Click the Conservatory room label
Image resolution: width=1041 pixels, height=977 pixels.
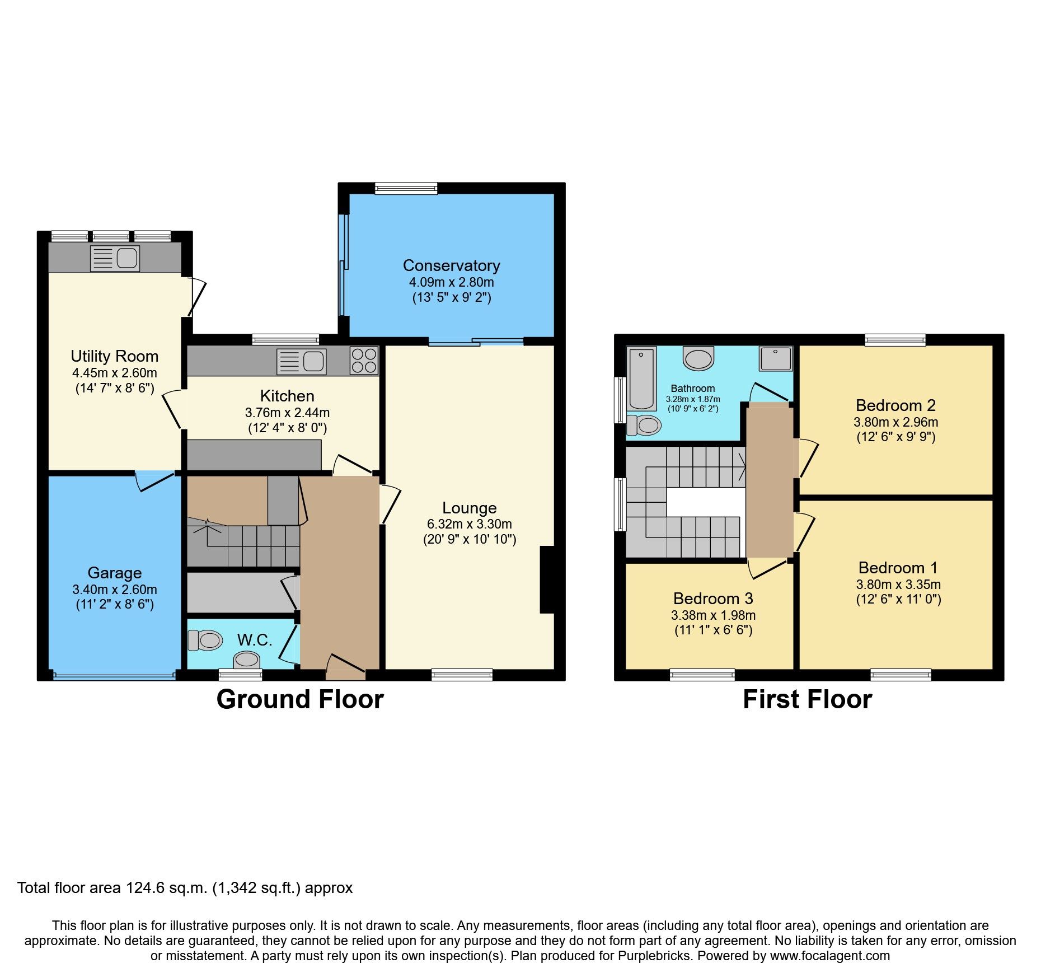click(451, 265)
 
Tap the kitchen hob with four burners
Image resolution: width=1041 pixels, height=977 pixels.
click(364, 360)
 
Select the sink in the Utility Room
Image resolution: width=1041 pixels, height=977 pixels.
click(115, 258)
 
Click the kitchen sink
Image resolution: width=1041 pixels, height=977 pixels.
click(302, 361)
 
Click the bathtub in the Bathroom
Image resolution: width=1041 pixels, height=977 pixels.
click(641, 379)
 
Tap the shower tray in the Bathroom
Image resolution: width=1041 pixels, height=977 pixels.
click(776, 358)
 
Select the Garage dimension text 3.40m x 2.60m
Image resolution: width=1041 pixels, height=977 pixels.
click(114, 590)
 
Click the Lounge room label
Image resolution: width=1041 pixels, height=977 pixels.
click(469, 508)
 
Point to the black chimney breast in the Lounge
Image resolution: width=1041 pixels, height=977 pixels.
click(547, 579)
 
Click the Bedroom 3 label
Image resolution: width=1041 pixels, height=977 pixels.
click(712, 599)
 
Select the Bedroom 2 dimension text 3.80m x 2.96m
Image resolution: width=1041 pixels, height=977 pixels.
click(895, 422)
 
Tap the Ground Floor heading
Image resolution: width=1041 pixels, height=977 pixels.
click(300, 699)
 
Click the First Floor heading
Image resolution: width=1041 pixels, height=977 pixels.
click(807, 699)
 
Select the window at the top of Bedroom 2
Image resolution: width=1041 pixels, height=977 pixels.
click(895, 340)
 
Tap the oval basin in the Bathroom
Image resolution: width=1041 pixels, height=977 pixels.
click(698, 358)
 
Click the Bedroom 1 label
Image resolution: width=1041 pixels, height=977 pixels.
click(898, 568)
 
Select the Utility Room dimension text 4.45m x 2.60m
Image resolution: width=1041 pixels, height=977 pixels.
click(114, 373)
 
